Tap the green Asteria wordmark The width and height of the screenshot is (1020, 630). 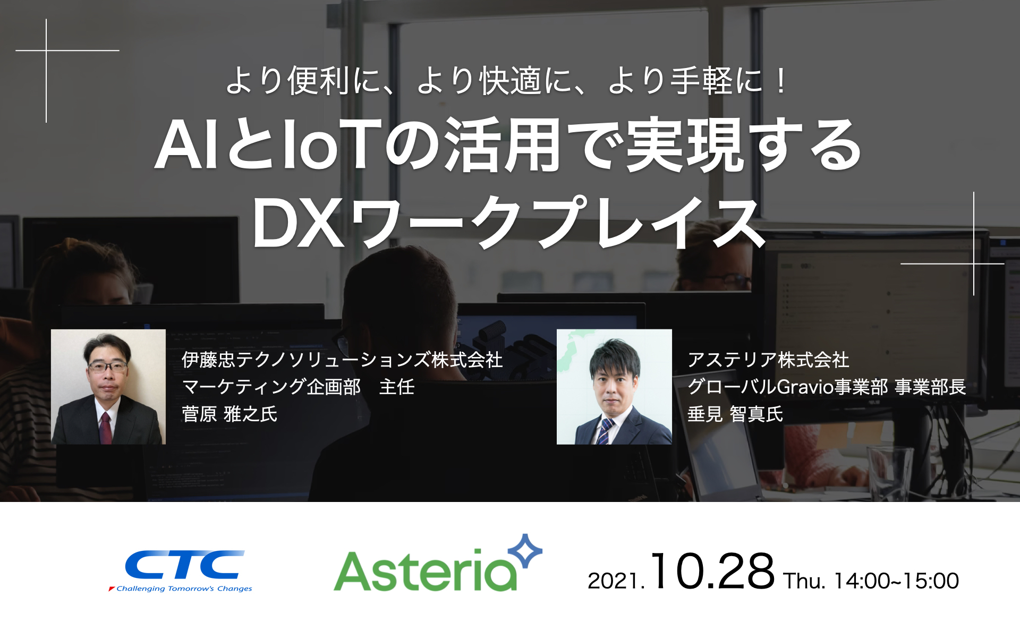click(426, 571)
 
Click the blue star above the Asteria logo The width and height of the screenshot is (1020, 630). click(525, 551)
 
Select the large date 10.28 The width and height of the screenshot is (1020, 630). click(712, 572)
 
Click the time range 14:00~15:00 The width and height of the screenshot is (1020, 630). click(896, 581)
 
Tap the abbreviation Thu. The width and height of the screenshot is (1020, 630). click(804, 581)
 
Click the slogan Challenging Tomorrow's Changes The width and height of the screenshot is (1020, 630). click(184, 589)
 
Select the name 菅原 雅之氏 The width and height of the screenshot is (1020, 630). click(229, 414)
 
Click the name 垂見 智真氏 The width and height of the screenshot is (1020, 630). click(735, 414)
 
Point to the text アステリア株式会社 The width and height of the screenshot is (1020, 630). click(768, 360)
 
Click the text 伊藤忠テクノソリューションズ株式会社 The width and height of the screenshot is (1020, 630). click(342, 360)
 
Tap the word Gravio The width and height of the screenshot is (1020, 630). click(805, 387)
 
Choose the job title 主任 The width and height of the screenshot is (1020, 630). click(397, 387)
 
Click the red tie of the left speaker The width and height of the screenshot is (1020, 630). click(105, 428)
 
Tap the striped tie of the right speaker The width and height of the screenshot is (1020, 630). click(605, 431)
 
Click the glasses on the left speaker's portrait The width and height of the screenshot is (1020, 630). click(108, 366)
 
